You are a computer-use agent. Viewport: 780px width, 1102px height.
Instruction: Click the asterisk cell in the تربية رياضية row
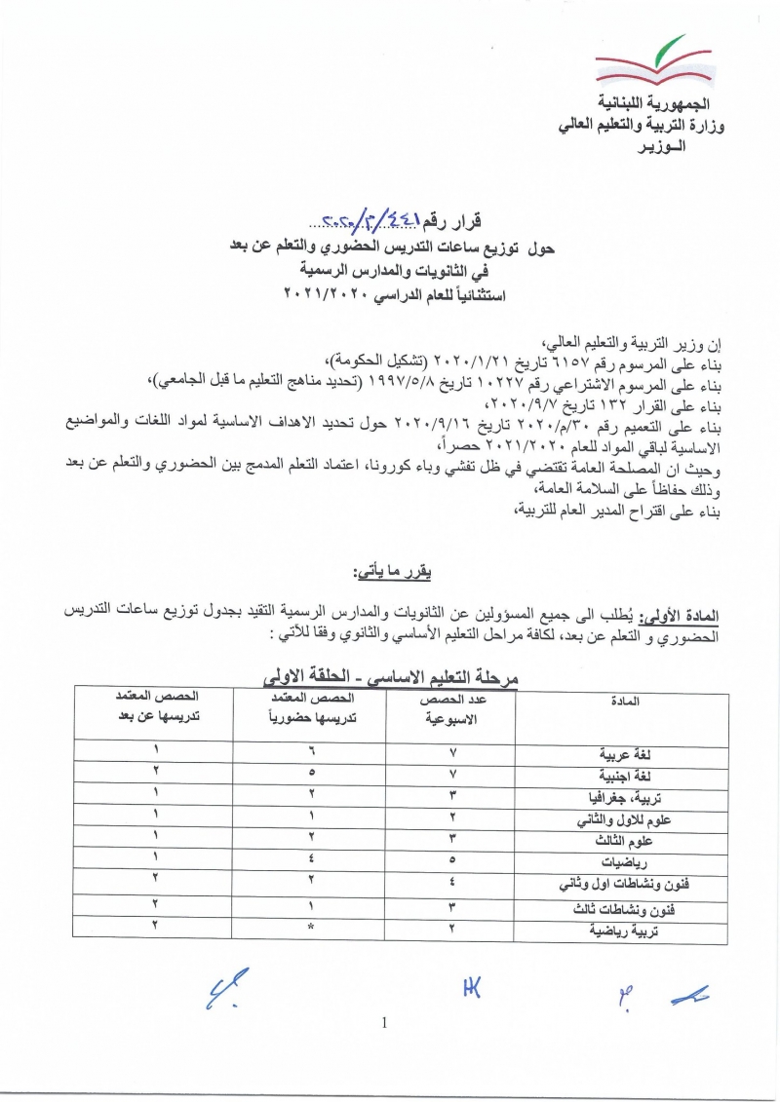click(310, 930)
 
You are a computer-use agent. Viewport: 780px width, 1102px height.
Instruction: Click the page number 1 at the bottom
click(386, 1022)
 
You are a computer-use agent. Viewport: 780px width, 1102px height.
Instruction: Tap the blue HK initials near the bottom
click(472, 989)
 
